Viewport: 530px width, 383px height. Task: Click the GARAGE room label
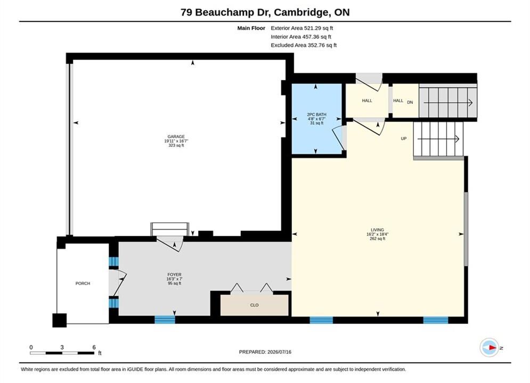[x=176, y=137]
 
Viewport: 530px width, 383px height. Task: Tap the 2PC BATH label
[x=316, y=114]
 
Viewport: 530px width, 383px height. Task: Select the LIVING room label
[x=377, y=230]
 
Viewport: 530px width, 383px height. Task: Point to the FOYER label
[x=174, y=274]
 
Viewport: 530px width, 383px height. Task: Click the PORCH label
[x=83, y=284]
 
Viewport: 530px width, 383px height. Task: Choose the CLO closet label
[x=255, y=305]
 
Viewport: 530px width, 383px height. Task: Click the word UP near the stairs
[x=404, y=139]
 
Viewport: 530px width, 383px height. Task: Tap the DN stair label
[x=410, y=102]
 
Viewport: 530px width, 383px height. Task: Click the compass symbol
[x=489, y=347]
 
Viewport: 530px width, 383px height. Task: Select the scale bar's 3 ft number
[x=62, y=347]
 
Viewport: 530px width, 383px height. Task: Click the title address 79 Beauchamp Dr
[x=225, y=12]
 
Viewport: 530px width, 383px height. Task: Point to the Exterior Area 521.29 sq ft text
[x=302, y=28]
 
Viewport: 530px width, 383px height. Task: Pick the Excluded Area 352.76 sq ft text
[x=304, y=45]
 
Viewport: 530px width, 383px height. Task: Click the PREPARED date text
[x=265, y=352]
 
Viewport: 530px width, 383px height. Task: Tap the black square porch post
[x=60, y=320]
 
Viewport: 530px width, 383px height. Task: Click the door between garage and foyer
[x=170, y=243]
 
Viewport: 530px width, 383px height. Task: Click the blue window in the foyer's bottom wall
[x=165, y=319]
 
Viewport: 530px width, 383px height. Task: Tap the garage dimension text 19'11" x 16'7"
[x=176, y=141]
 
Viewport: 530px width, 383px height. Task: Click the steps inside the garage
[x=170, y=229]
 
